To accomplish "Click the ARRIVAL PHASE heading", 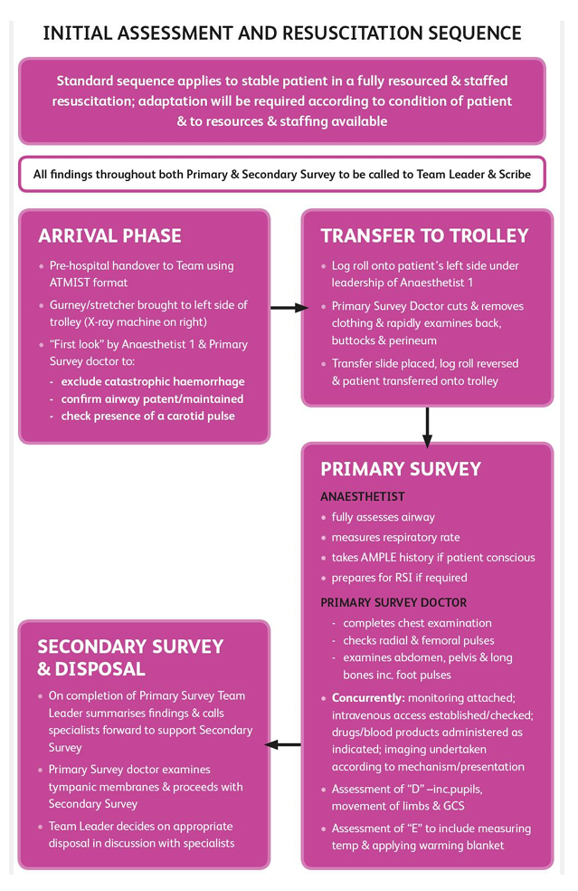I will point(109,236).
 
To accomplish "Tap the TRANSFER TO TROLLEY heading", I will point(424,236).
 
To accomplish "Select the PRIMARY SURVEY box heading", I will point(401,469).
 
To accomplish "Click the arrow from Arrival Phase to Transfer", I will point(289,308).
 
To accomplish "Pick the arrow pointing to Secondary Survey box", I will point(283,744).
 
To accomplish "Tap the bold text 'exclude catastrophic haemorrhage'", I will point(153,381).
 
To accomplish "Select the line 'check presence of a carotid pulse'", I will point(147,416).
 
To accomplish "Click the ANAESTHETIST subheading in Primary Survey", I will point(363,496).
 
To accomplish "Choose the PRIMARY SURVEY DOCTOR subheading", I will point(393,602).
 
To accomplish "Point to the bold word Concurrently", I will point(367,698).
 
